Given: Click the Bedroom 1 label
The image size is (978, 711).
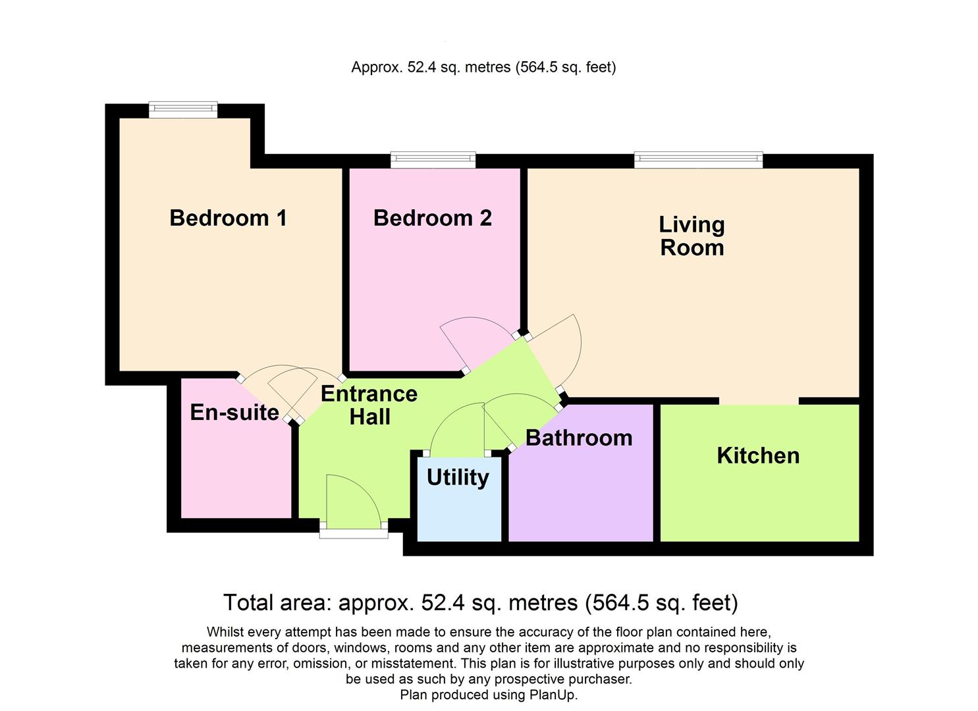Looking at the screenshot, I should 228,218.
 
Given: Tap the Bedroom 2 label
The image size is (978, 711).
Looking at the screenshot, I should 432,218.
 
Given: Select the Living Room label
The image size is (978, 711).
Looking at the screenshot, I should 692,236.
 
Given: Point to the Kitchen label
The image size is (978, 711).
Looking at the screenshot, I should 758,456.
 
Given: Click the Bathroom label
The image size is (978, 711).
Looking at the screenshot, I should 579,438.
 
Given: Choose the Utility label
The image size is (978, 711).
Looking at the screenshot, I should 458,477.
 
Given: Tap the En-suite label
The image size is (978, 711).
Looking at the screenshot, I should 234,412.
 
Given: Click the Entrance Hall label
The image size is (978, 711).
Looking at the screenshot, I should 369,405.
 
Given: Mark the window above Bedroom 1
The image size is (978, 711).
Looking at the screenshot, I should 183,109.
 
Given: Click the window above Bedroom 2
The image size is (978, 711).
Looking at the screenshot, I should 433,160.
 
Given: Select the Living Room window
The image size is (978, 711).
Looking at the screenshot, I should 698,160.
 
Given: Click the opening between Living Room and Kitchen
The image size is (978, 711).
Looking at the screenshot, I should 759,401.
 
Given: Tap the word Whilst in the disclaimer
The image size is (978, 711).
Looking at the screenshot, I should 226,632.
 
